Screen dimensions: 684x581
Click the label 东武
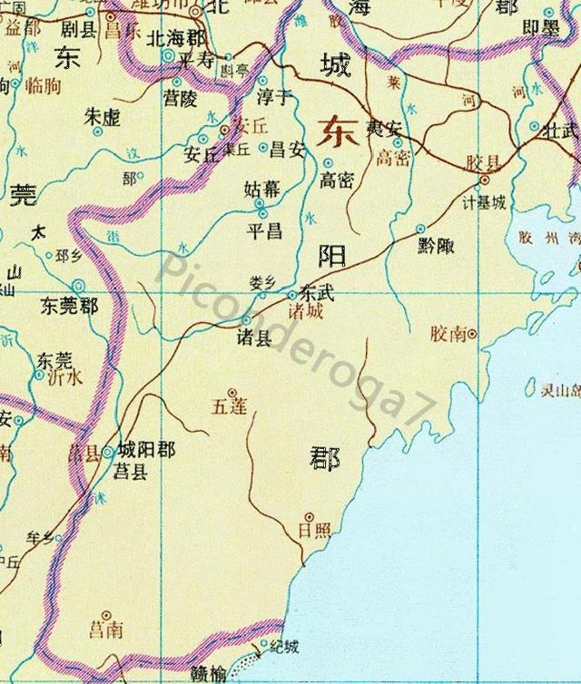318,295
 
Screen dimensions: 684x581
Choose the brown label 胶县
484,163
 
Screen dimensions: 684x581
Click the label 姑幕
263,190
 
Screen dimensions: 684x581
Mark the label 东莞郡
68,307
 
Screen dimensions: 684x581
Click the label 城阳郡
146,450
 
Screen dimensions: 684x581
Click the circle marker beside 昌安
264,147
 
